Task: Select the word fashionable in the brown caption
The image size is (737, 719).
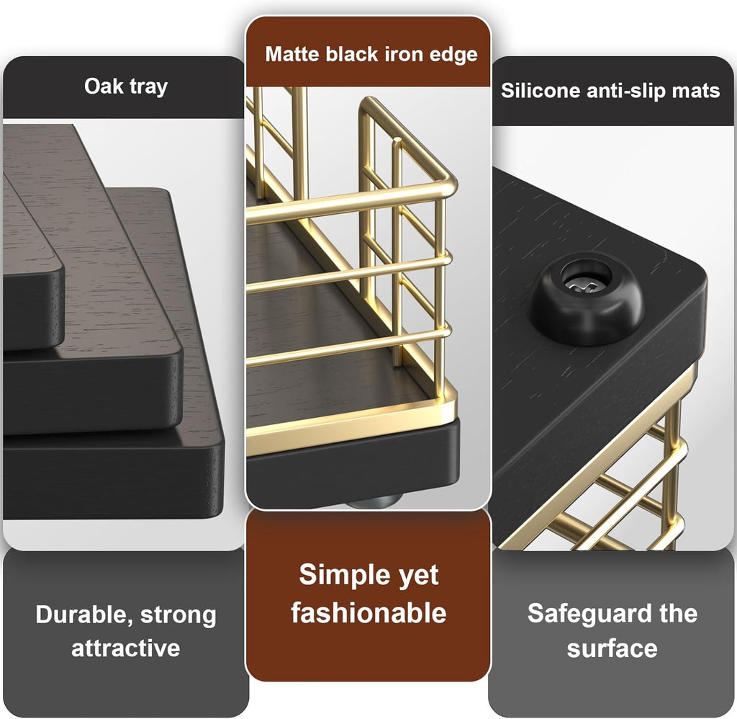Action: click(x=368, y=612)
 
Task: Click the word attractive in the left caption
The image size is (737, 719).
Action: click(x=125, y=648)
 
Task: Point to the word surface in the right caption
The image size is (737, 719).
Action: click(x=612, y=648)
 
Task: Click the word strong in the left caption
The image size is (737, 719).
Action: click(x=178, y=615)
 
